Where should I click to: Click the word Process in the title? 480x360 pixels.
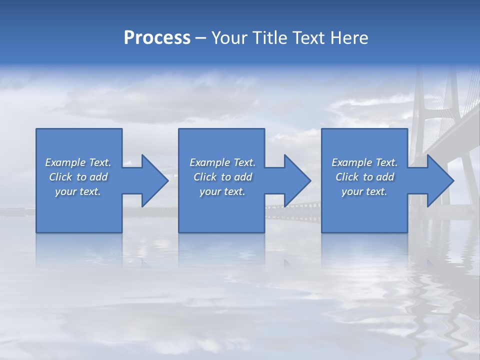coord(157,38)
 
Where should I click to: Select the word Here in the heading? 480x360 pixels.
coord(349,38)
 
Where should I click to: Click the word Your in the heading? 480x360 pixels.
coord(229,38)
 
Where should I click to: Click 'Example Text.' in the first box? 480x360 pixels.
coord(78,162)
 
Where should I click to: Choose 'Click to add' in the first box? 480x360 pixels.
coord(78,177)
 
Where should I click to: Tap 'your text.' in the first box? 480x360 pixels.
coord(78,191)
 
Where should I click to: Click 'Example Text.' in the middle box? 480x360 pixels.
coord(222,162)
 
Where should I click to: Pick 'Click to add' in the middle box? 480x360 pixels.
coord(222,177)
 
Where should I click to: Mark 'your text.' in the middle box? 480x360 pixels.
coord(222,191)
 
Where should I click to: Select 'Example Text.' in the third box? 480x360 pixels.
coord(364,162)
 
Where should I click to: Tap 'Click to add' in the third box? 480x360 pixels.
coord(364,177)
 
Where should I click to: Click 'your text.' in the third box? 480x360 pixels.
coord(364,191)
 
